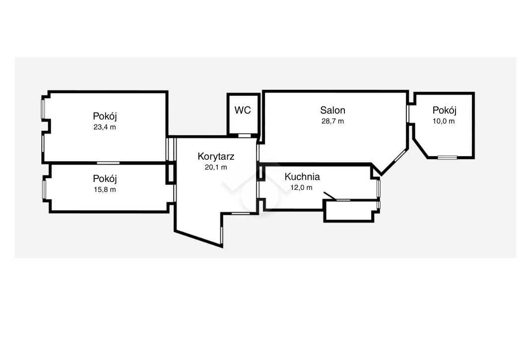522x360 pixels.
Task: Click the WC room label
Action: (243, 110)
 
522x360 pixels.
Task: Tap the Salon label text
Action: (332, 110)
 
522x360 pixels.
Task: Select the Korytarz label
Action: (216, 156)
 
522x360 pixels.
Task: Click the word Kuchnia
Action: (302, 177)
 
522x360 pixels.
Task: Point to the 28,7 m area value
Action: (332, 121)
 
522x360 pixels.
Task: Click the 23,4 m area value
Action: (105, 127)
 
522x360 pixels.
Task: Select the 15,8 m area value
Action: (105, 189)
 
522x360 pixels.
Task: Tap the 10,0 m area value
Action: (444, 121)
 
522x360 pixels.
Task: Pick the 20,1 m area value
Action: (216, 168)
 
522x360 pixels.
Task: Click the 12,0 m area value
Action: (302, 187)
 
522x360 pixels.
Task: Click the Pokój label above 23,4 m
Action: (105, 116)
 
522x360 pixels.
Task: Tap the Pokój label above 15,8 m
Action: (105, 179)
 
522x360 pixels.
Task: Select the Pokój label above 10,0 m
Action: (445, 110)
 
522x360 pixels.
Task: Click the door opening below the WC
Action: (245, 135)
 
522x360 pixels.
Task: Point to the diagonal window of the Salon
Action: (400, 156)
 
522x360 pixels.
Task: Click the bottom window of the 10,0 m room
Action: (447, 157)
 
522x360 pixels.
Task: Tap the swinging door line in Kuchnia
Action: (330, 196)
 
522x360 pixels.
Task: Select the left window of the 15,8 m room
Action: (44, 189)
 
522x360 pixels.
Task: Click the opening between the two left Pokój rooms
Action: (108, 163)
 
